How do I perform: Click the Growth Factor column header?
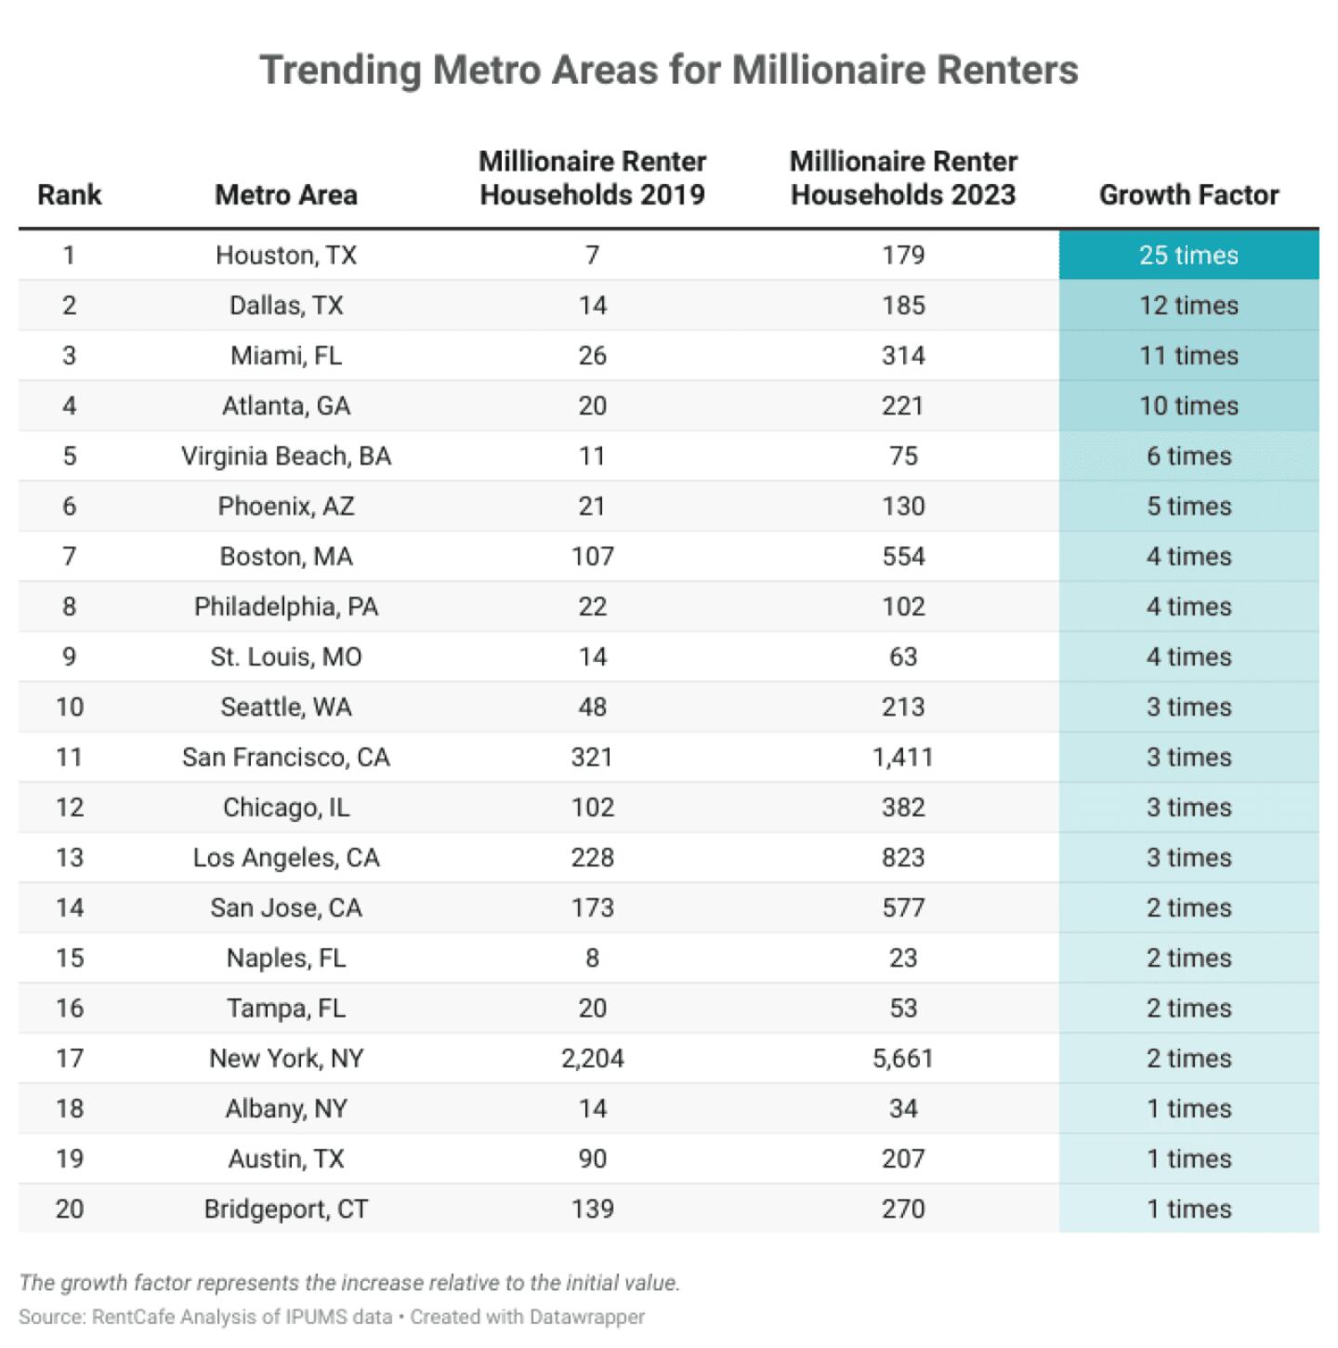pos(1188,195)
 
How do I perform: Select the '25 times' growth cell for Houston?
pos(1188,256)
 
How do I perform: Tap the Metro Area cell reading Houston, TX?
pos(286,256)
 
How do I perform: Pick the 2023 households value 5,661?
pos(902,1059)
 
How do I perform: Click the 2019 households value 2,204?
pos(593,1059)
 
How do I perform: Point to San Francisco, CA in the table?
pos(286,758)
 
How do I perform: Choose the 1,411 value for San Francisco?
pos(902,758)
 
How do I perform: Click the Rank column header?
pos(70,195)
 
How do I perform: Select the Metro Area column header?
pos(286,195)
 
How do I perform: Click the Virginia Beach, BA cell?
pos(286,456)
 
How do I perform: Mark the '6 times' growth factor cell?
pos(1188,456)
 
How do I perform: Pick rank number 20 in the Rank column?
pos(70,1209)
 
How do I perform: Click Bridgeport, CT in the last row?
pos(286,1209)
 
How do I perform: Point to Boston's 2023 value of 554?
pos(903,557)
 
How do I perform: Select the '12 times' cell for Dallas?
pos(1188,306)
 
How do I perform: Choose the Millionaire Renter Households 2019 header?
pos(593,178)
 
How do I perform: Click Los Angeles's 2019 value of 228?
pos(593,858)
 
